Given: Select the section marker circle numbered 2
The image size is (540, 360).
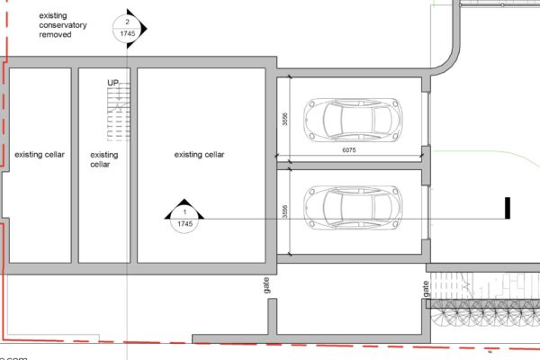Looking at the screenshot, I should [x=128, y=27].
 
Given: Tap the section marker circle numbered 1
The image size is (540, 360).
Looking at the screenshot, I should [x=184, y=217].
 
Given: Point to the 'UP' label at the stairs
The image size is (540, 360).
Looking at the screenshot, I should [x=113, y=83].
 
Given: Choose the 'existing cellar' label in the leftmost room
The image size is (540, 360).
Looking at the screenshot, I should [x=39, y=155].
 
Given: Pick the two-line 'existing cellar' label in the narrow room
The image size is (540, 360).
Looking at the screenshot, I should [x=104, y=159].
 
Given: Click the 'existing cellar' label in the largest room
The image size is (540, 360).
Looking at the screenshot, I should [x=199, y=155].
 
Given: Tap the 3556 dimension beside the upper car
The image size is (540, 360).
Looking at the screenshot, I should [x=284, y=120].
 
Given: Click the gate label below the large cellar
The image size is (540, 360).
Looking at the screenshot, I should [x=267, y=285].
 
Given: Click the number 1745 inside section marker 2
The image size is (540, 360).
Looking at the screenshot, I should [x=128, y=33].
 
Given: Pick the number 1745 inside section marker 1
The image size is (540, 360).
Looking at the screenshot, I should [x=184, y=223].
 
